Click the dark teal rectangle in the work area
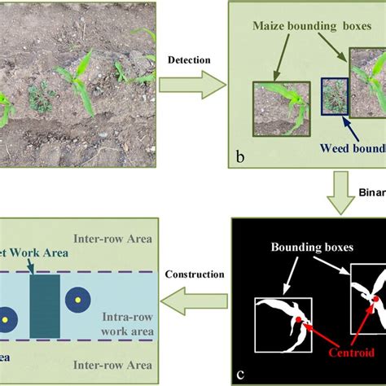point(44,305)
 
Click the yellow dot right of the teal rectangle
point(80,301)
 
